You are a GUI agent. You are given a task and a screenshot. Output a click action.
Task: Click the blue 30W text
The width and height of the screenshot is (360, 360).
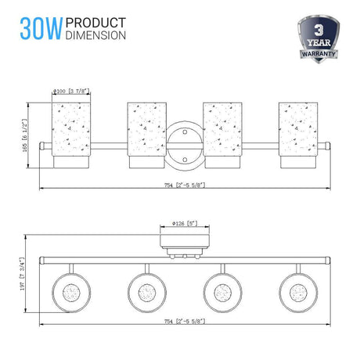click(41, 29)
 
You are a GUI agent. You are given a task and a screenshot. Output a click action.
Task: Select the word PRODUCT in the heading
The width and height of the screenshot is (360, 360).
click(95, 23)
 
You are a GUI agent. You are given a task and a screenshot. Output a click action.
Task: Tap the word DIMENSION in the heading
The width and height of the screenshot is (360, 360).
click(95, 35)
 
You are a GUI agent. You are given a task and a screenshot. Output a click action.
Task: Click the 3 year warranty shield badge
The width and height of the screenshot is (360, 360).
click(319, 39)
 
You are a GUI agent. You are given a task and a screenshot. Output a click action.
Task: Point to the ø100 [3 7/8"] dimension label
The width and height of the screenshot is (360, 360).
click(71, 92)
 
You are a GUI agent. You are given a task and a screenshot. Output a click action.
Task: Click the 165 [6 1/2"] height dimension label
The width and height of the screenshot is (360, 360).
click(24, 135)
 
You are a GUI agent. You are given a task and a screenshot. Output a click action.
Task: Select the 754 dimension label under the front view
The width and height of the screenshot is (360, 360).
click(185, 185)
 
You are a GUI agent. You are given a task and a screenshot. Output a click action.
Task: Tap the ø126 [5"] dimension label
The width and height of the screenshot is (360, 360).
click(185, 223)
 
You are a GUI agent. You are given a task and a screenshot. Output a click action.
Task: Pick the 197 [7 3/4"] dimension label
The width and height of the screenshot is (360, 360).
click(23, 274)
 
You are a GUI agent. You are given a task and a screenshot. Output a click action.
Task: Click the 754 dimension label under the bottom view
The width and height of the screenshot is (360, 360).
click(185, 321)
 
